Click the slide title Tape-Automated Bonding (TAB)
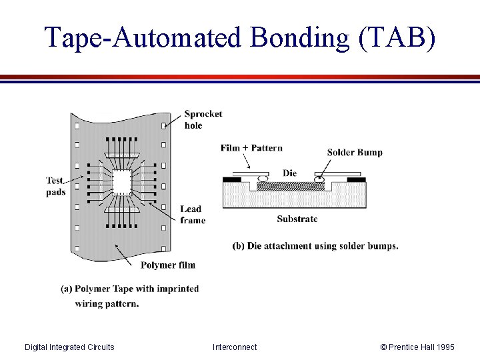pos(240,38)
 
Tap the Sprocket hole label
pos(203,119)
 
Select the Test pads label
pos(56,186)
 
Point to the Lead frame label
pos(193,215)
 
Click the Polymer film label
pos(168,265)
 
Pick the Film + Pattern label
pos(251,148)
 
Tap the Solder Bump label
pos(355,152)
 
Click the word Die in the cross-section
pos(289,173)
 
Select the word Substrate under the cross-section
pos(297,219)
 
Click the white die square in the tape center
pos(122,181)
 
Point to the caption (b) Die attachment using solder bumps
pos(315,245)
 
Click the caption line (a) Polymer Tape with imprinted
pos(130,289)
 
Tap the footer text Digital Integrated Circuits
pos(69,347)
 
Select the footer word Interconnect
pos(235,347)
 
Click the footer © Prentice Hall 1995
pos(417,347)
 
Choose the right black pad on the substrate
pos(357,179)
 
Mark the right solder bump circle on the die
pos(320,179)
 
